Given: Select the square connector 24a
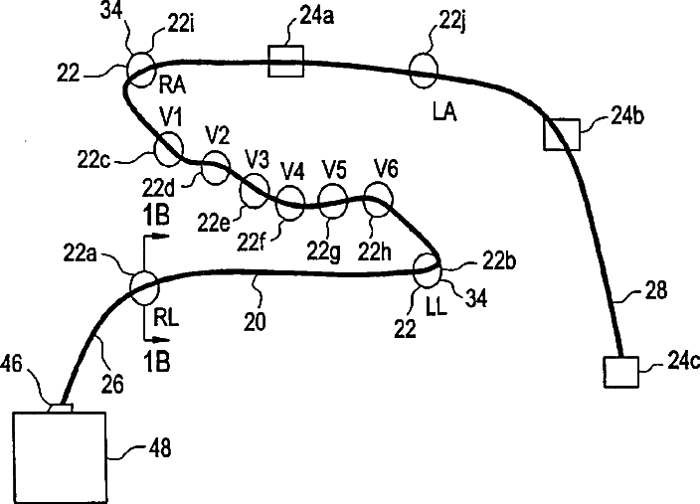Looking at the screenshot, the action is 286,61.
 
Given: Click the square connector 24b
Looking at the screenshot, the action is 561,133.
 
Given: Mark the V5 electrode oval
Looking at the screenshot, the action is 331,203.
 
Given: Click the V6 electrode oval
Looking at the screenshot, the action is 378,202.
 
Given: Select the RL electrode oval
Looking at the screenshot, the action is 144,289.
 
